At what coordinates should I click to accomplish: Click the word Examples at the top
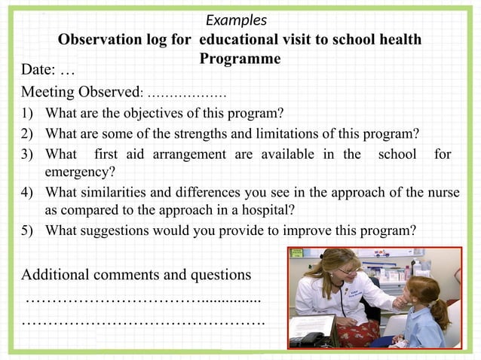click(x=236, y=20)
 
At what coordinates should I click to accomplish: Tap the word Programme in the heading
click(x=240, y=59)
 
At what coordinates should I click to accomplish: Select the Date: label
click(x=38, y=71)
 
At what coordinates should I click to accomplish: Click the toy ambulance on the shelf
click(x=382, y=254)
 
